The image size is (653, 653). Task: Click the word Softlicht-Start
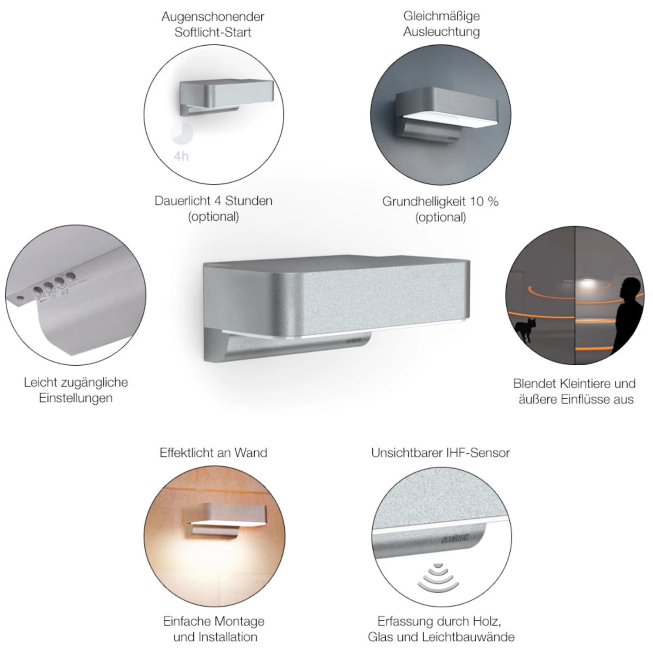click(213, 32)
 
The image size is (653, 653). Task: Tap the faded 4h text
click(181, 156)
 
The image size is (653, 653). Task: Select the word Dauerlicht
click(182, 201)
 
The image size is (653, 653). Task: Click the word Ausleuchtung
click(441, 32)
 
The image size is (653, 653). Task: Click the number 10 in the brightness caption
click(477, 201)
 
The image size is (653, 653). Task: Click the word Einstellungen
click(76, 398)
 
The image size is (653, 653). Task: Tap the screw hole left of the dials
click(19, 299)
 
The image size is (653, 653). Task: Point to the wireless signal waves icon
click(438, 577)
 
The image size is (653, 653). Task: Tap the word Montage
click(240, 622)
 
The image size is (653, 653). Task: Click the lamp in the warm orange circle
click(213, 522)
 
